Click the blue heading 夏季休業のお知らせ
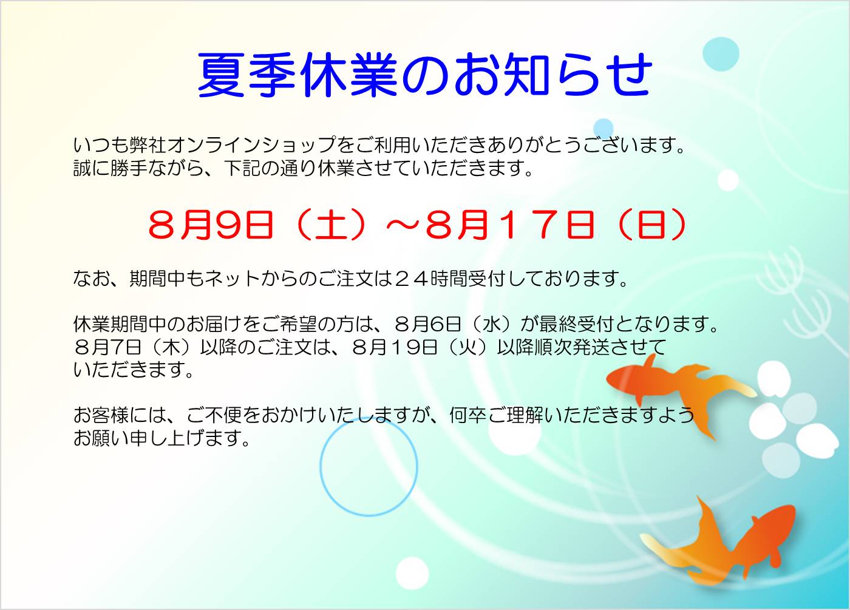pyautogui.click(x=424, y=74)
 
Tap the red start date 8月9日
pyautogui.click(x=211, y=225)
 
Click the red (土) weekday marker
pyautogui.click(x=331, y=225)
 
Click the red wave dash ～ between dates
pyautogui.click(x=403, y=225)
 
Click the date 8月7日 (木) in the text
pyautogui.click(x=134, y=347)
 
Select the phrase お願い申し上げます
pyautogui.click(x=161, y=438)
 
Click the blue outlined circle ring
pyautogui.click(x=320, y=466)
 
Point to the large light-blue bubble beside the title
pyautogui.click(x=721, y=54)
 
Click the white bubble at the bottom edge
pyautogui.click(x=412, y=573)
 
